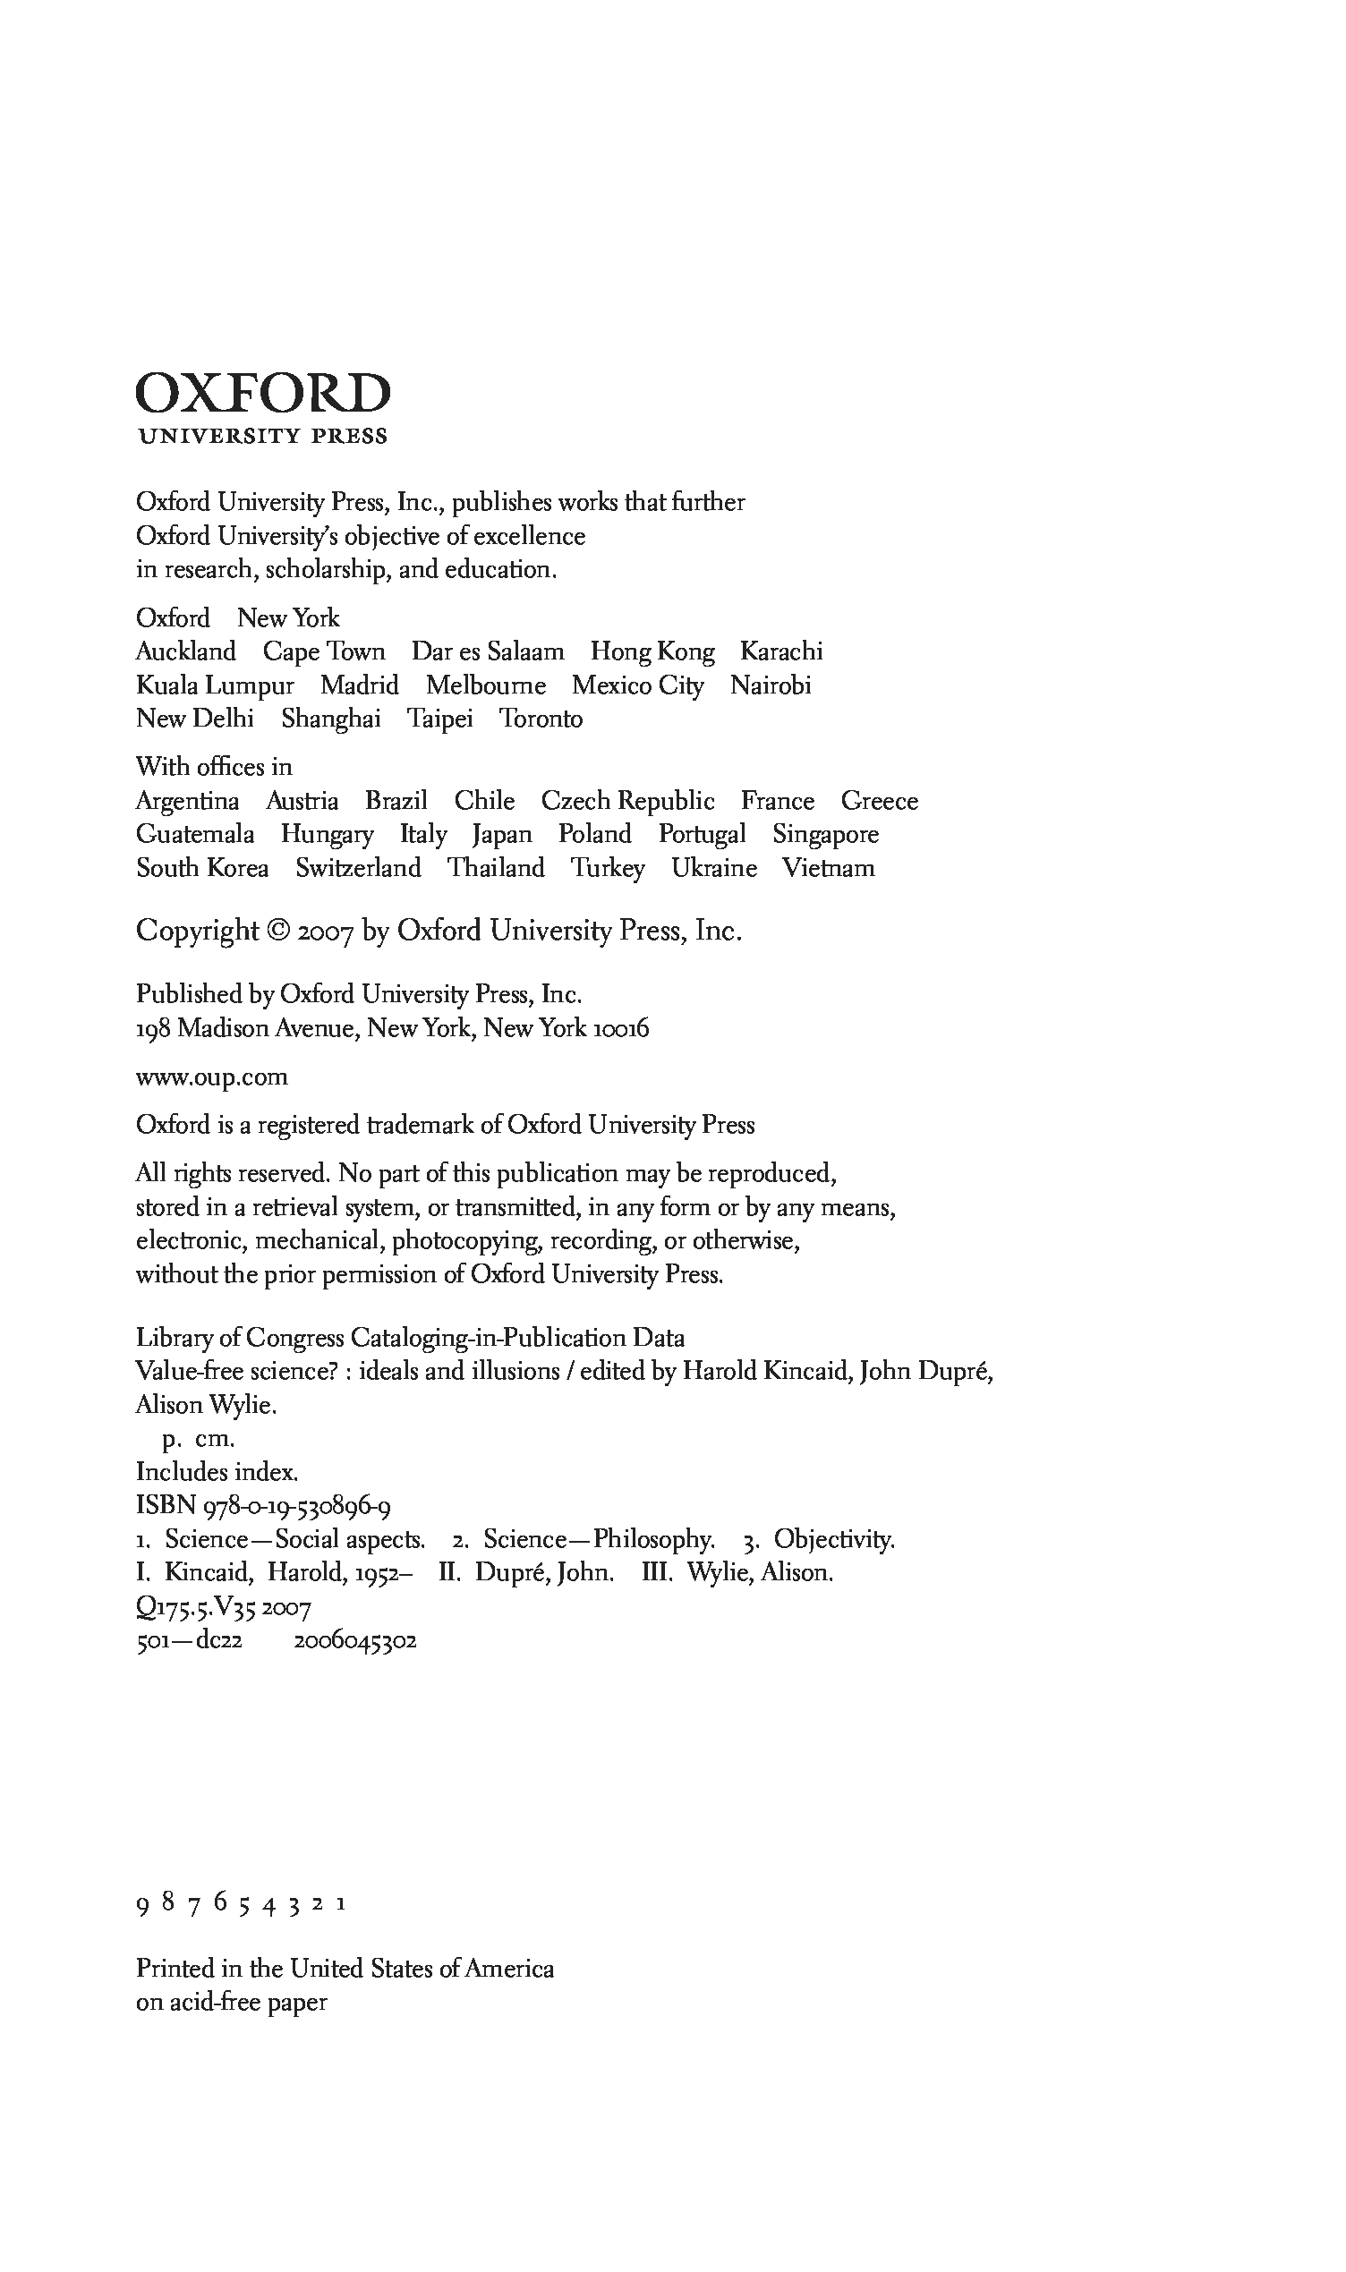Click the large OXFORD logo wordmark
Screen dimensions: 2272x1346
coord(263,394)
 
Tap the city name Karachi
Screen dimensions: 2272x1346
coord(781,651)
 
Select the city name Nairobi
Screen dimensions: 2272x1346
coord(770,685)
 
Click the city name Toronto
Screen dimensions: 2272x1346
coord(541,719)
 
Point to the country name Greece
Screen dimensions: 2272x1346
coord(879,802)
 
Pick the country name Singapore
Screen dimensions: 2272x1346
coord(825,835)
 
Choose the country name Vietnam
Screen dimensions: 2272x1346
coord(828,869)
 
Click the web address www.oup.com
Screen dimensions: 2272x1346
coord(212,1078)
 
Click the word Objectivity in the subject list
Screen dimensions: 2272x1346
coord(833,1539)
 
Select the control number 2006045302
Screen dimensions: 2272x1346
coord(355,1642)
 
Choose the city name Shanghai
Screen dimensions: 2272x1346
coord(330,719)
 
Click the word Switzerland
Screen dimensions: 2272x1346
coord(358,869)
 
